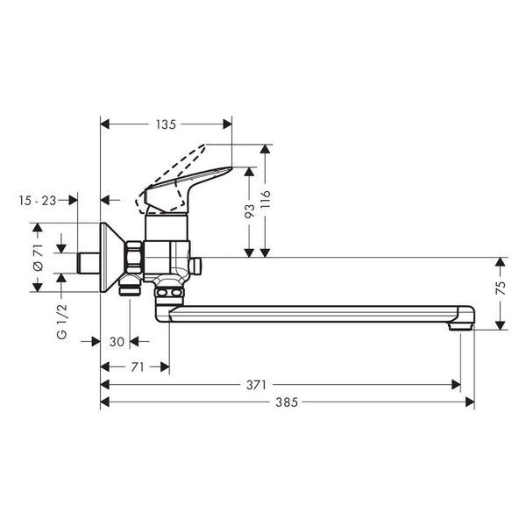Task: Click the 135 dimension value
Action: [166, 124]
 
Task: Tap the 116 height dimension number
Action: [266, 199]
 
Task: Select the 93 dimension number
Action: [250, 211]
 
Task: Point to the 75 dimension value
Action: [501, 288]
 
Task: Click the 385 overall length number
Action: [287, 402]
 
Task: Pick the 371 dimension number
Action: [256, 385]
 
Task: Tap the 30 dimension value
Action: [117, 342]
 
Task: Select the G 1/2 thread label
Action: [62, 322]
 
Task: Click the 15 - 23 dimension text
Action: [38, 201]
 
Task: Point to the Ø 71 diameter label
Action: [38, 257]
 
